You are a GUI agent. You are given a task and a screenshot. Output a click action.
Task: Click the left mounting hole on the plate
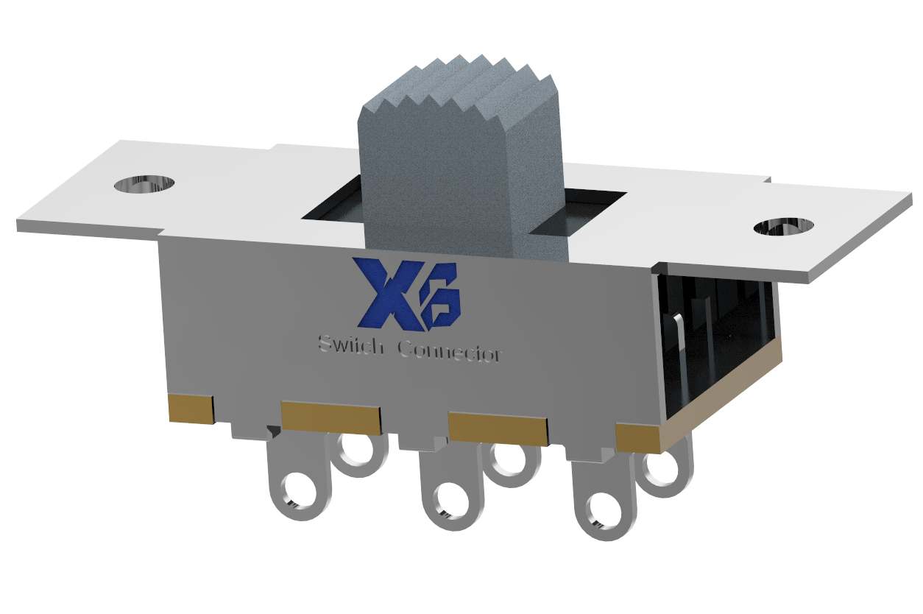(145, 184)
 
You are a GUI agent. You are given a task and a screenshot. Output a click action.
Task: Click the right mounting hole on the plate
(784, 227)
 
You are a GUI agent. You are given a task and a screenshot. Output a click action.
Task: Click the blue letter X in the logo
(384, 292)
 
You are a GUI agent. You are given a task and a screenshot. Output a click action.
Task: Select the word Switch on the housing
(350, 345)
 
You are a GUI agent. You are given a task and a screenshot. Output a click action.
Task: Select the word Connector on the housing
(449, 351)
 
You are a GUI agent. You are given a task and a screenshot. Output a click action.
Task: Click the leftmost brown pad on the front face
(191, 409)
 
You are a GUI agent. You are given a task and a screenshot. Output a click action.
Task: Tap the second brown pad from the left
(331, 417)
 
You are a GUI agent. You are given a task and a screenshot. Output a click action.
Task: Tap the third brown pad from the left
(498, 428)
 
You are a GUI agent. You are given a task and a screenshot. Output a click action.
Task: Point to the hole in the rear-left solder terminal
(359, 448)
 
